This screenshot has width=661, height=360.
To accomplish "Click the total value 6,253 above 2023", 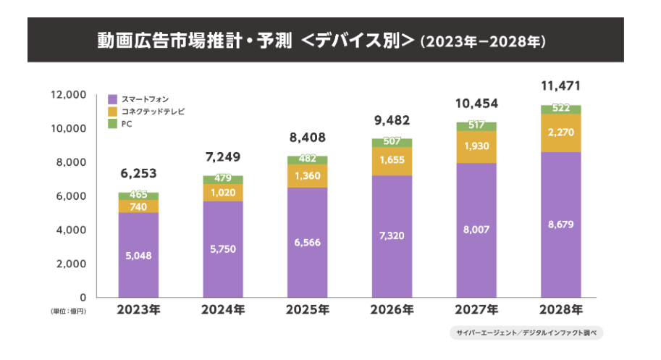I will click(x=138, y=174).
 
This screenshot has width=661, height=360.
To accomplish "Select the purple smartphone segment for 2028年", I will click(x=561, y=225).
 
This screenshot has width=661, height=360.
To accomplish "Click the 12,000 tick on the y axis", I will click(x=67, y=95).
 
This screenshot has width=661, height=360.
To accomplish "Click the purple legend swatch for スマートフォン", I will click(x=113, y=99).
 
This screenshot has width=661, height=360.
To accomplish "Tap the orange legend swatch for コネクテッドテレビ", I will click(x=113, y=112).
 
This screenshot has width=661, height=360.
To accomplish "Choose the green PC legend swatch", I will click(x=113, y=125).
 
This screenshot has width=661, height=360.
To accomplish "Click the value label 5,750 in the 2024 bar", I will click(x=223, y=249).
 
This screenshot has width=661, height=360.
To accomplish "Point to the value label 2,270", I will click(x=561, y=133).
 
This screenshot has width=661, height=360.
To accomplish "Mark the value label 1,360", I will click(x=307, y=176).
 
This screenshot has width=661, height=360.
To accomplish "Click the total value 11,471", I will click(x=561, y=87).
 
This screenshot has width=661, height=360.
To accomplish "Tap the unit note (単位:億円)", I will click(x=69, y=311).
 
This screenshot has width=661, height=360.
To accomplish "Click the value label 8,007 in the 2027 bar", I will click(x=476, y=230).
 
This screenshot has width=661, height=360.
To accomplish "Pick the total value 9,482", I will click(x=392, y=120).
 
